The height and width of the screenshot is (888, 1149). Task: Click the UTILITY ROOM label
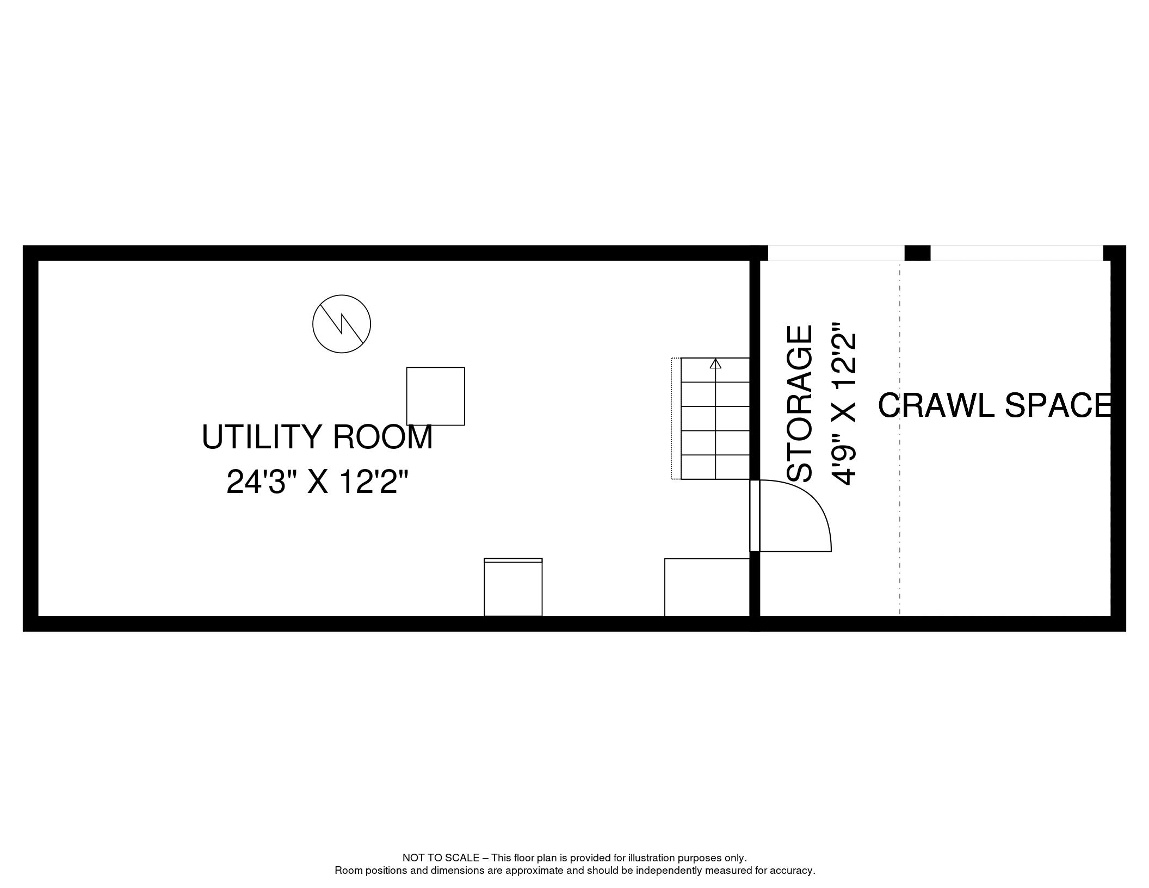click(x=317, y=436)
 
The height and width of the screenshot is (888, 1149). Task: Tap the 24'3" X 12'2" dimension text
click(x=317, y=482)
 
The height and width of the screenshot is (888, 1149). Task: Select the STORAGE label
click(x=800, y=404)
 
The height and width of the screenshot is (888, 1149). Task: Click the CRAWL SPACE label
click(x=995, y=405)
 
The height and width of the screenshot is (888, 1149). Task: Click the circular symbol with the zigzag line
click(x=342, y=324)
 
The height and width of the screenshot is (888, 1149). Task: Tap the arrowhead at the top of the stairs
click(x=715, y=363)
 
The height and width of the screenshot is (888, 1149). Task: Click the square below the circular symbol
click(x=436, y=396)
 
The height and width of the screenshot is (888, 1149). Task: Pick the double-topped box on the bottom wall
click(x=513, y=587)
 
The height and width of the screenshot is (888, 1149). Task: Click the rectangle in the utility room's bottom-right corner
click(x=707, y=587)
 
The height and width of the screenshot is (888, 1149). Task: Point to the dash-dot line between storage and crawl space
click(x=899, y=439)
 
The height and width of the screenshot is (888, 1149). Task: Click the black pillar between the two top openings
click(x=917, y=253)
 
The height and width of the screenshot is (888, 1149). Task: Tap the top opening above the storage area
click(x=836, y=253)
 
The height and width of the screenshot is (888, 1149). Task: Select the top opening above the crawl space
click(x=1017, y=253)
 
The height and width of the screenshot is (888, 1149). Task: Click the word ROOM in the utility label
click(x=382, y=436)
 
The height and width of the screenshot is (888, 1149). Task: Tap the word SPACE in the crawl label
click(x=1058, y=405)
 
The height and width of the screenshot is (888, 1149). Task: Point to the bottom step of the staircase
click(x=715, y=467)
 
